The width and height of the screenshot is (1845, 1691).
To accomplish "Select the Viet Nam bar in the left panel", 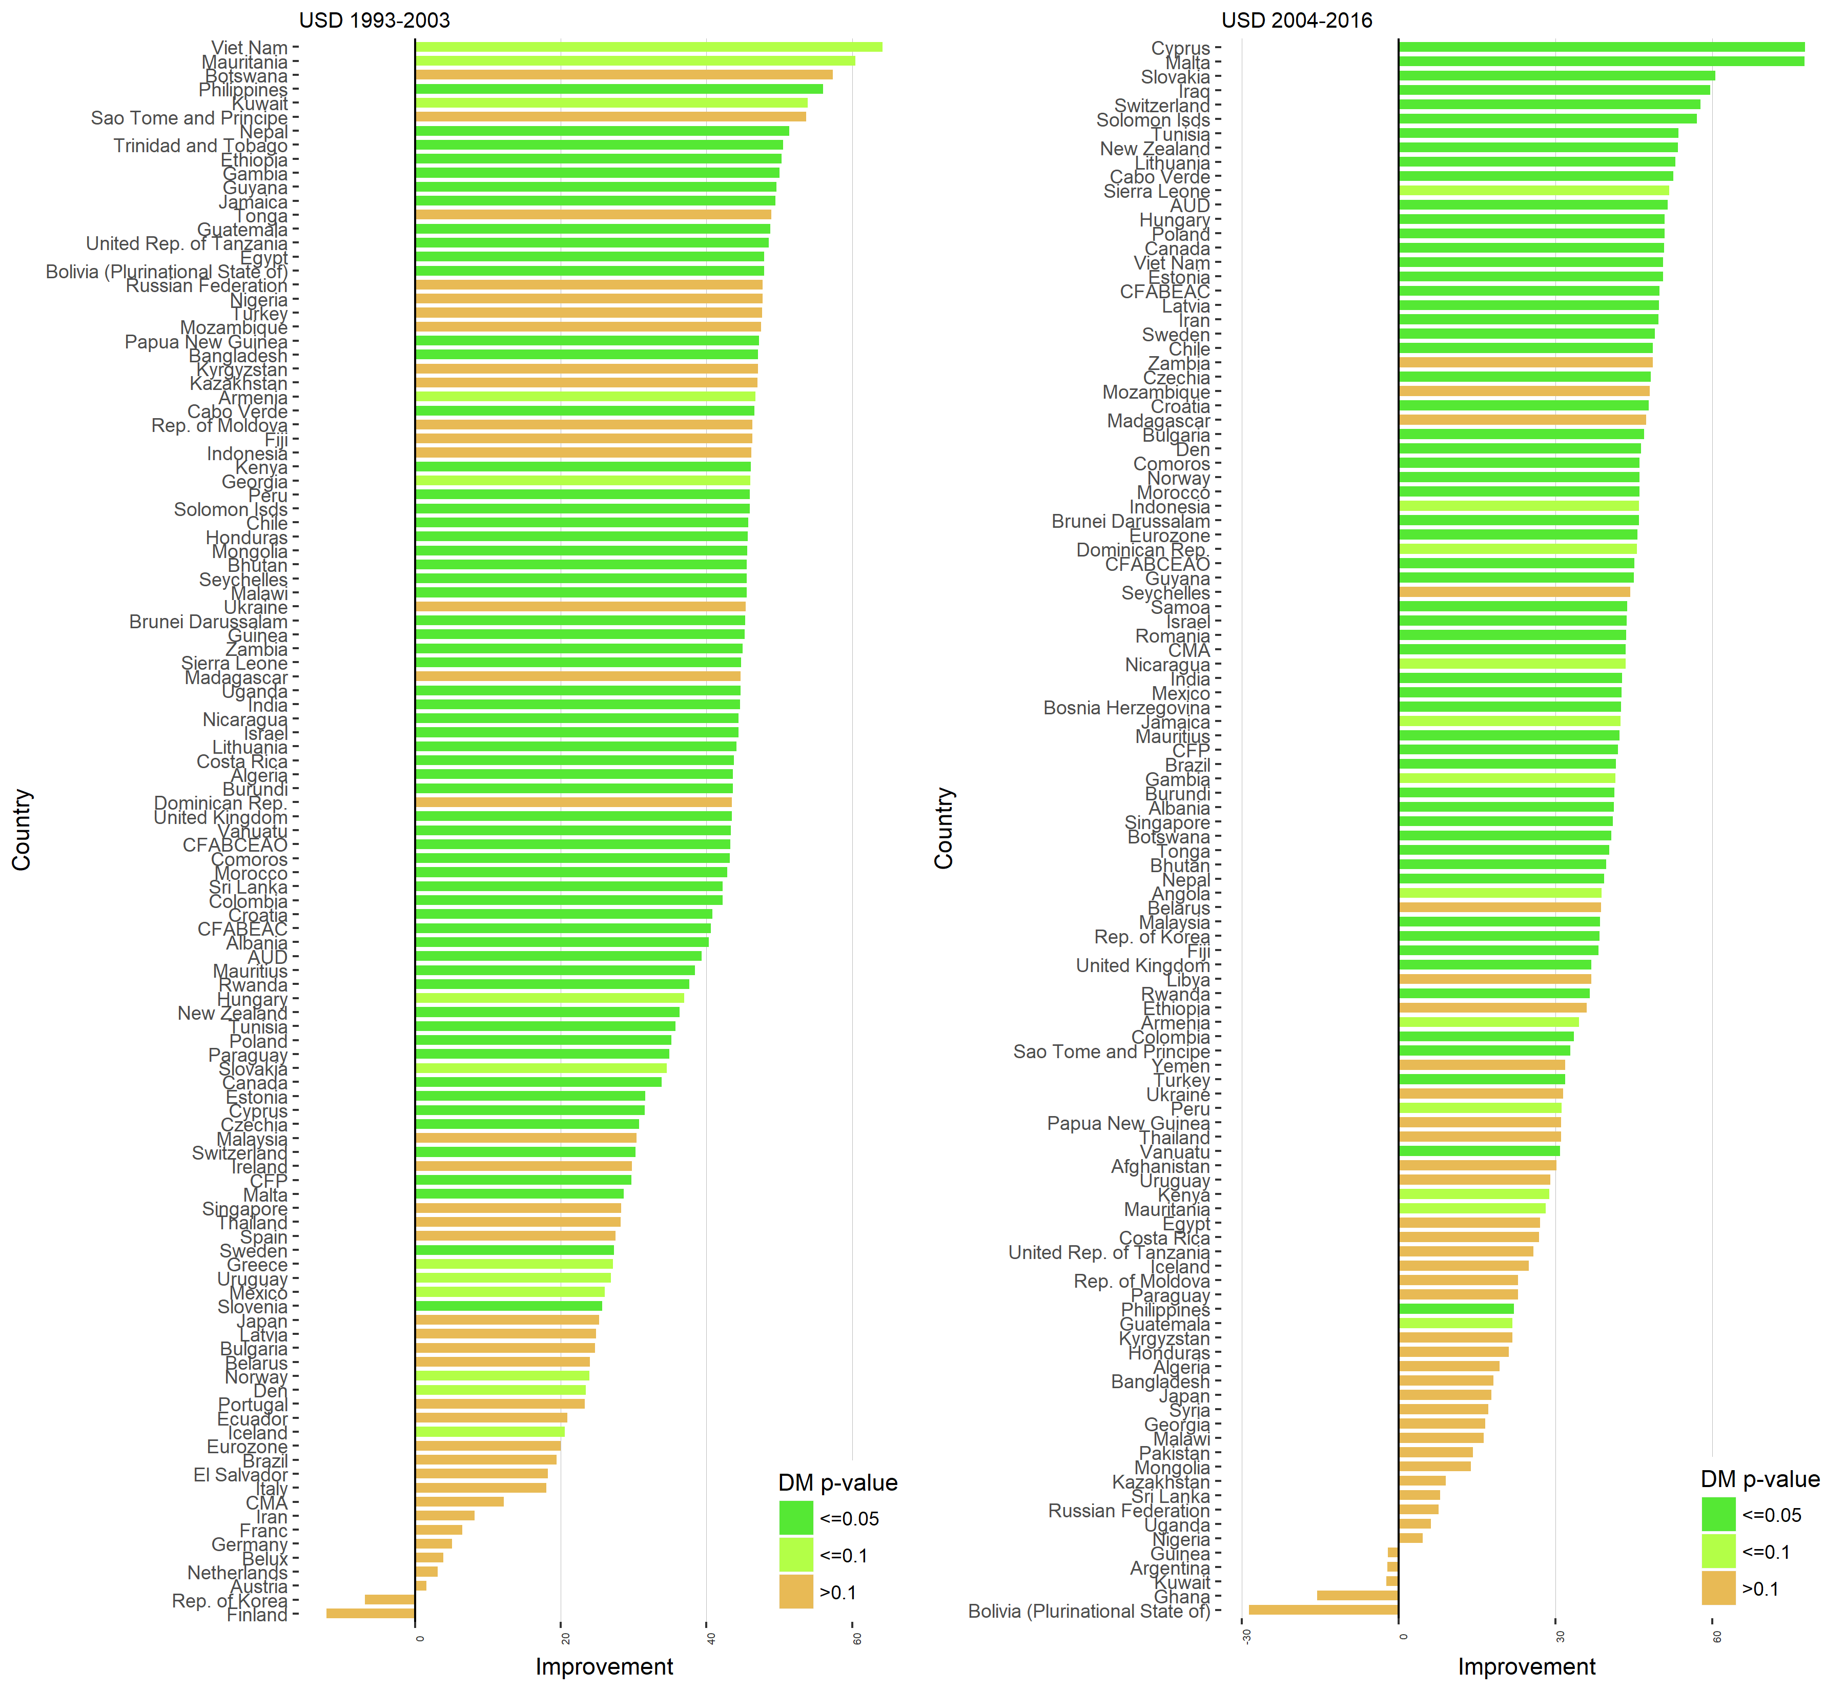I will pyautogui.click(x=648, y=47).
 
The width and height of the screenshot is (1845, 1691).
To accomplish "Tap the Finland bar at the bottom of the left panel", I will pyautogui.click(x=371, y=1613).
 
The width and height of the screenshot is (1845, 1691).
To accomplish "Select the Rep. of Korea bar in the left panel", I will pyautogui.click(x=390, y=1599).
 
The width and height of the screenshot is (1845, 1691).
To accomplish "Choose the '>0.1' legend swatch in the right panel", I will pyautogui.click(x=1719, y=1589).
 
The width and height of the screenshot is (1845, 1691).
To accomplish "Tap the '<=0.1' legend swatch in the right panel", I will pyautogui.click(x=1719, y=1552).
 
